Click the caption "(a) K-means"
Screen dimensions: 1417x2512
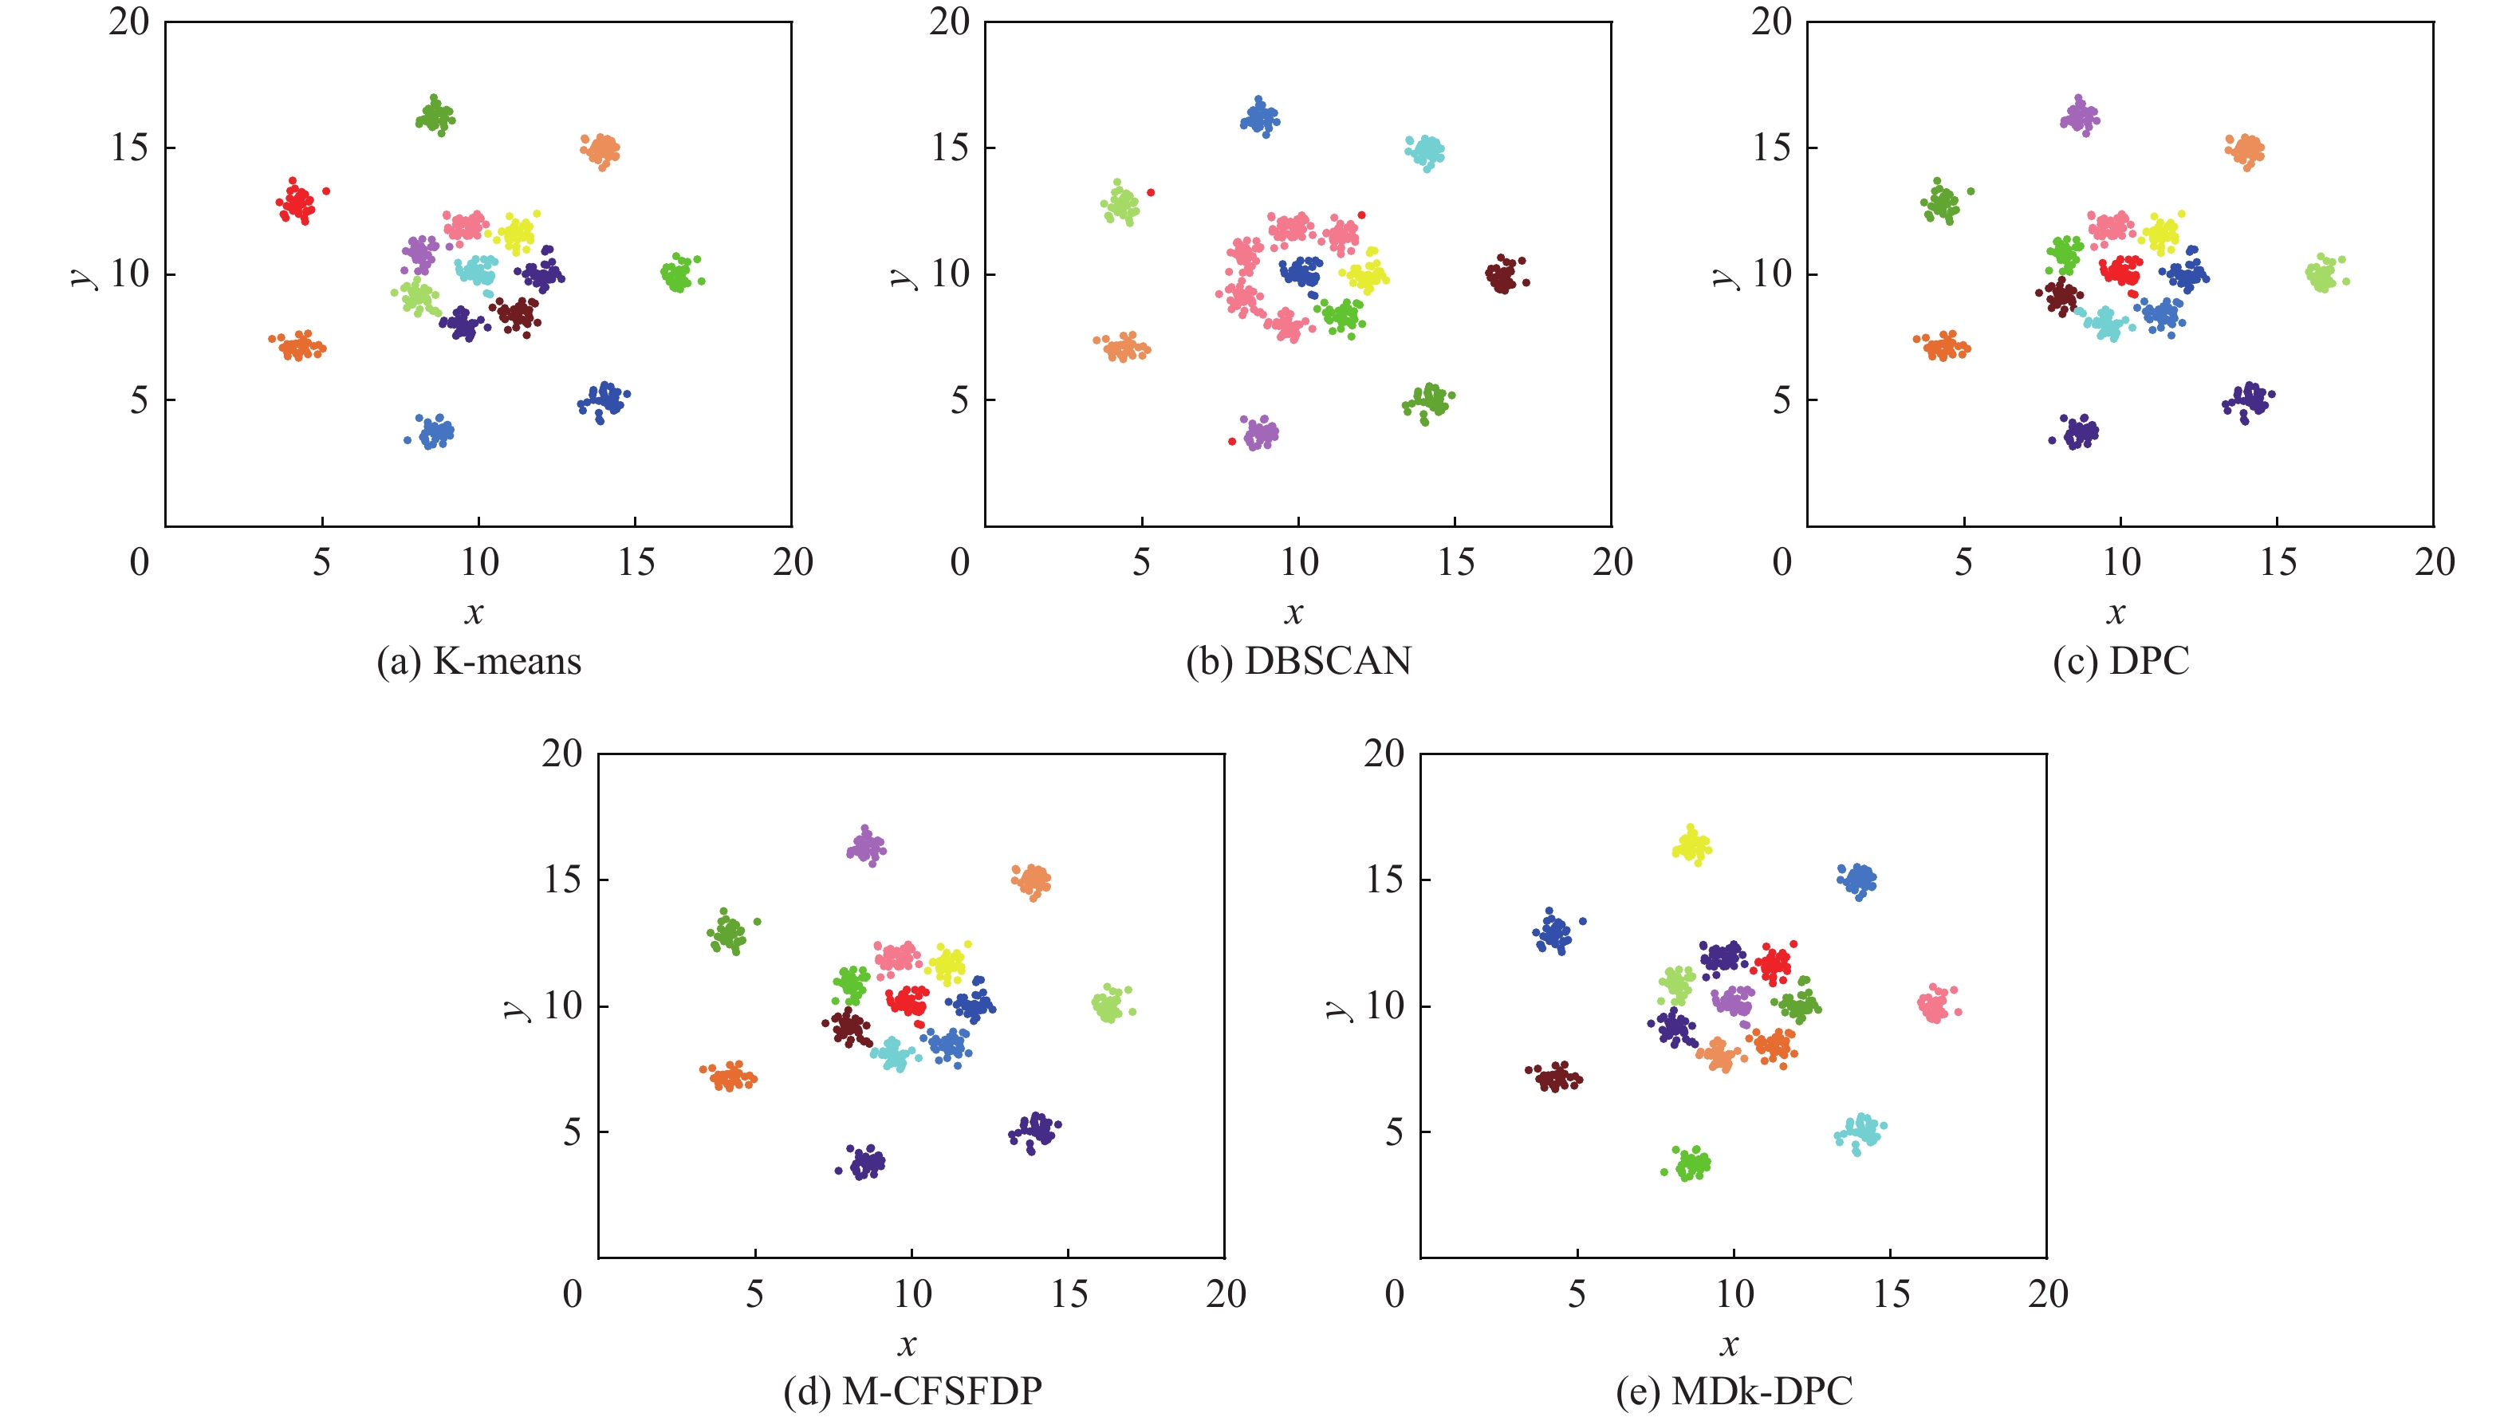point(478,661)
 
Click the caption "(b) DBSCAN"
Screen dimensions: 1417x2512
point(1299,661)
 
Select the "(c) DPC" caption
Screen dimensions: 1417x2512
point(2121,661)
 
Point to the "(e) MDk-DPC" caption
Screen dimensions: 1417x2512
point(1734,1391)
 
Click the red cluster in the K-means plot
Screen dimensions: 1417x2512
point(296,203)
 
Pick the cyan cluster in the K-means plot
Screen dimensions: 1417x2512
point(477,270)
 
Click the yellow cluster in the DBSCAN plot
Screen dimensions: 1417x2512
point(1365,274)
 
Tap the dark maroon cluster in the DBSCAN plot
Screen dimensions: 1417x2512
point(1502,277)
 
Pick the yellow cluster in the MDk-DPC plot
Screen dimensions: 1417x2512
point(1692,844)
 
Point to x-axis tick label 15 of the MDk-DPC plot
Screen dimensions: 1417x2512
point(1891,1294)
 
